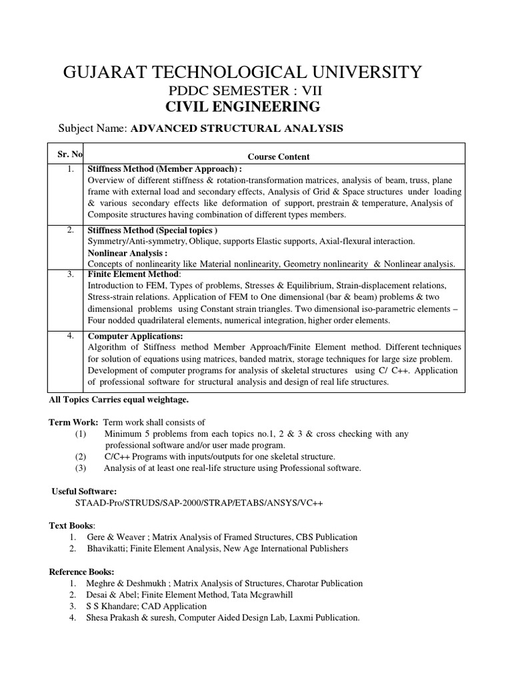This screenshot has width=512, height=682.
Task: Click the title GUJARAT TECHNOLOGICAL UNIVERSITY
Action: pos(241,71)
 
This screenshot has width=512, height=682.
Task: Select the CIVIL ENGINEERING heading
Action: pos(241,108)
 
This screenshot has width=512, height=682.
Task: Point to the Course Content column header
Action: pos(279,157)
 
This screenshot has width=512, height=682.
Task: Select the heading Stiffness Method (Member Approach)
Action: pos(164,170)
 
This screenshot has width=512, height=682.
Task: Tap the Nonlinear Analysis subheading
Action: pos(127,253)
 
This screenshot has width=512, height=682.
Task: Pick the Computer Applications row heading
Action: pos(135,336)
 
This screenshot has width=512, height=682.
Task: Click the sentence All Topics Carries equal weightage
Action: pos(119,400)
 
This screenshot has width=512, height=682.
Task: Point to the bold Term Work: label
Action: pos(74,422)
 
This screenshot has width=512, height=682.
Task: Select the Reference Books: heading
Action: pos(82,571)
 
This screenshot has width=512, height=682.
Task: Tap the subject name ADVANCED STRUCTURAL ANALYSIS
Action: pos(237,129)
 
